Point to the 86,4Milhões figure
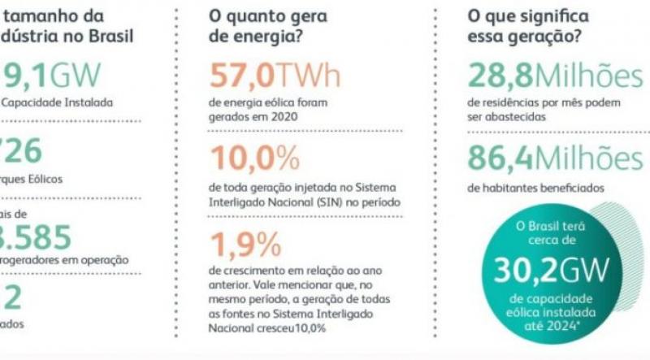554,158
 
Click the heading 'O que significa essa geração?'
528,27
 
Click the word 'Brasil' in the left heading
110,37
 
